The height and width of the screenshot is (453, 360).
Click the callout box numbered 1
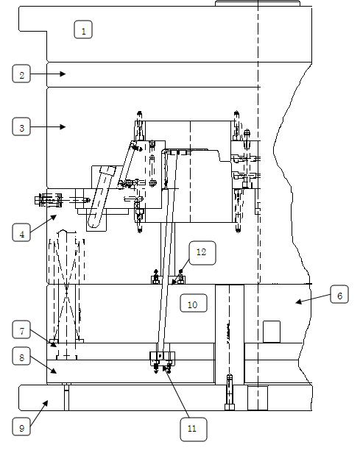(84, 30)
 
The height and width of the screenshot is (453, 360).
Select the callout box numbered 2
(22, 74)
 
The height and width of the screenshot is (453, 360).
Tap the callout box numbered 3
(22, 127)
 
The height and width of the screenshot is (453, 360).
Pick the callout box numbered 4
(22, 233)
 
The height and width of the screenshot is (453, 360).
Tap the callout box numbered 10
(192, 303)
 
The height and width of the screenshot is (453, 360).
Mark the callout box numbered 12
(200, 252)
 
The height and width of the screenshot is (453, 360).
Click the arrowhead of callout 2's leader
(66, 74)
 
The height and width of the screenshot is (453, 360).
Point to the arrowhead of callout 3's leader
(66, 127)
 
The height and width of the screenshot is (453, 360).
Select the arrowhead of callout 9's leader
(48, 402)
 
